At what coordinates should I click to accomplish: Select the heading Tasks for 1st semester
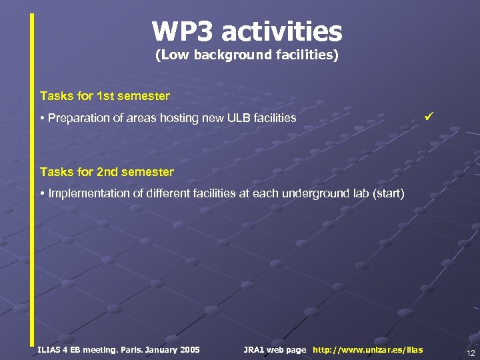(105, 96)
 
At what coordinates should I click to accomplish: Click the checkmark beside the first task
(429, 117)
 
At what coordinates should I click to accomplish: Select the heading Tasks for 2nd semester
(107, 172)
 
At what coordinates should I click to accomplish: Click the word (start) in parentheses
(388, 193)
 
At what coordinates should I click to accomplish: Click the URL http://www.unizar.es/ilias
(367, 350)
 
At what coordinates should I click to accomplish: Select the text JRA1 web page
(275, 350)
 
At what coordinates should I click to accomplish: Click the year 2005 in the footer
(188, 350)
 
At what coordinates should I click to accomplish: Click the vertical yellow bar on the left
(31, 180)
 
